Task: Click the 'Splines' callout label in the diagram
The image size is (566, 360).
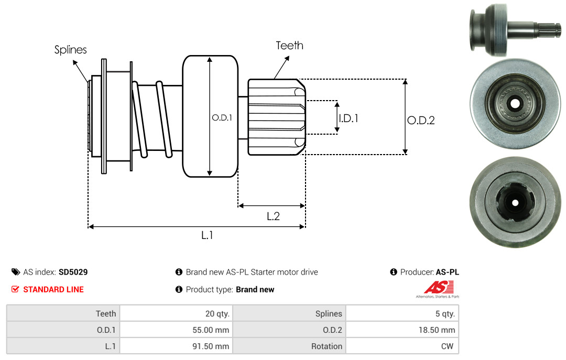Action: pos(71,50)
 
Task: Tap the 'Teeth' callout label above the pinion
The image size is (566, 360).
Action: pos(290,46)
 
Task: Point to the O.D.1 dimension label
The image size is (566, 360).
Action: pos(222,118)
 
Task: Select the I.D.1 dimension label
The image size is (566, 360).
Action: pos(348,118)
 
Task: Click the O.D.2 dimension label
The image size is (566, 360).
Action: pos(421,120)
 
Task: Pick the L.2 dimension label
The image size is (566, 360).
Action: pos(273,216)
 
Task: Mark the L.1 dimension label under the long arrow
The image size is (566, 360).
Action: pos(207,235)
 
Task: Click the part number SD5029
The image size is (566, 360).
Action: pos(73,272)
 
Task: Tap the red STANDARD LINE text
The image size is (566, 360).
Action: pos(53,289)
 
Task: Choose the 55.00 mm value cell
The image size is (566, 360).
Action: pos(209,330)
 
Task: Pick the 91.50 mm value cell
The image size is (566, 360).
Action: pos(209,346)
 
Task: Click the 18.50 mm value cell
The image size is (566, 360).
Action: pos(436,330)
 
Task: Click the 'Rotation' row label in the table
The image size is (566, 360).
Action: pos(326,346)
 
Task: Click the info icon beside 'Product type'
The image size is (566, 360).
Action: pos(179,289)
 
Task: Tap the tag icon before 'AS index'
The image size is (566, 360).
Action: pos(16,272)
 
